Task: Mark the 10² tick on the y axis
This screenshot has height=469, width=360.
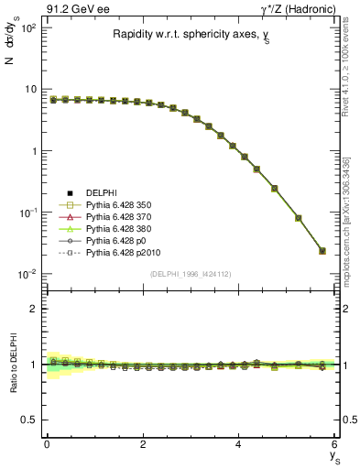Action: (27, 27)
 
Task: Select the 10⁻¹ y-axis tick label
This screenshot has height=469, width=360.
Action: (27, 213)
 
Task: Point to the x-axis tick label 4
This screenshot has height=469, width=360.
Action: (238, 445)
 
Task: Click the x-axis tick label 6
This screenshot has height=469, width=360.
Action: (334, 445)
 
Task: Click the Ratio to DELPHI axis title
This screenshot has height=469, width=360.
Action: (11, 365)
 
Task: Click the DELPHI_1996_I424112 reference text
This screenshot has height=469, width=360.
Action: (190, 274)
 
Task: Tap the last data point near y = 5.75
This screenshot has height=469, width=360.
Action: (322, 251)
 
